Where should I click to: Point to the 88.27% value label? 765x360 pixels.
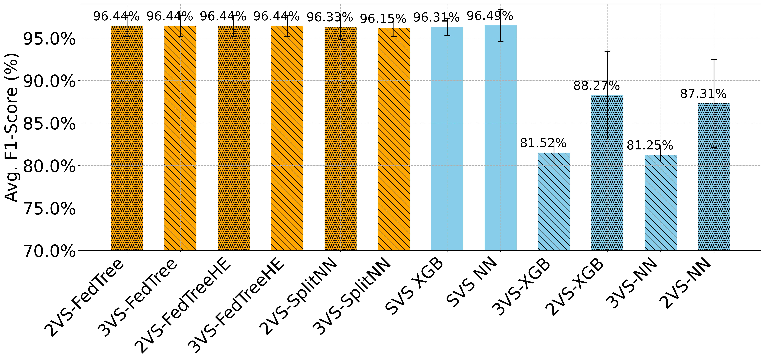pos(596,86)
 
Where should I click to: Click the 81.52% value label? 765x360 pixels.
pos(543,143)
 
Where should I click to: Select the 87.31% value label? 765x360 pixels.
pos(703,94)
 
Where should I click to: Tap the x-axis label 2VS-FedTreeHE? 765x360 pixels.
pos(183,306)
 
